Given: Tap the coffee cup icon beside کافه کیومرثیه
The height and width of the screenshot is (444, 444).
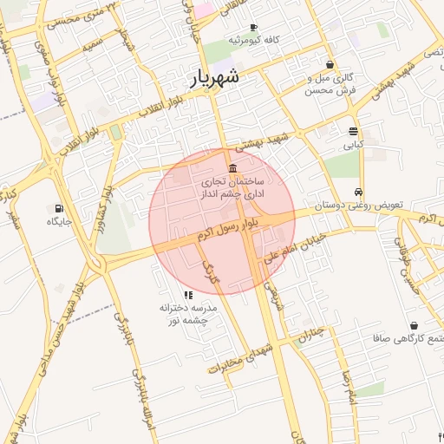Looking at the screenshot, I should click(x=252, y=28).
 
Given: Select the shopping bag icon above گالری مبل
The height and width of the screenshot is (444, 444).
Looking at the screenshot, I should click(x=330, y=64).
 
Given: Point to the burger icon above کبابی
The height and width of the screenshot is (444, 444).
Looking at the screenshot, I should click(x=353, y=132).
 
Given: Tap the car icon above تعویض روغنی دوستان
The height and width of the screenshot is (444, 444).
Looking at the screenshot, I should click(x=358, y=193).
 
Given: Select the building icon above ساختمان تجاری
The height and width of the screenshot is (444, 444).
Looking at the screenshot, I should click(x=232, y=168).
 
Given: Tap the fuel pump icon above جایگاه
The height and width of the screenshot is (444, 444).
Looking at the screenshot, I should click(x=59, y=208).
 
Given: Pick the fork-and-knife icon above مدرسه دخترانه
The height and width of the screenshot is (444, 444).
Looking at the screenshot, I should click(x=188, y=295).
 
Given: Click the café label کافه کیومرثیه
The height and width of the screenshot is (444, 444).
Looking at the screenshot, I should click(x=257, y=41).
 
